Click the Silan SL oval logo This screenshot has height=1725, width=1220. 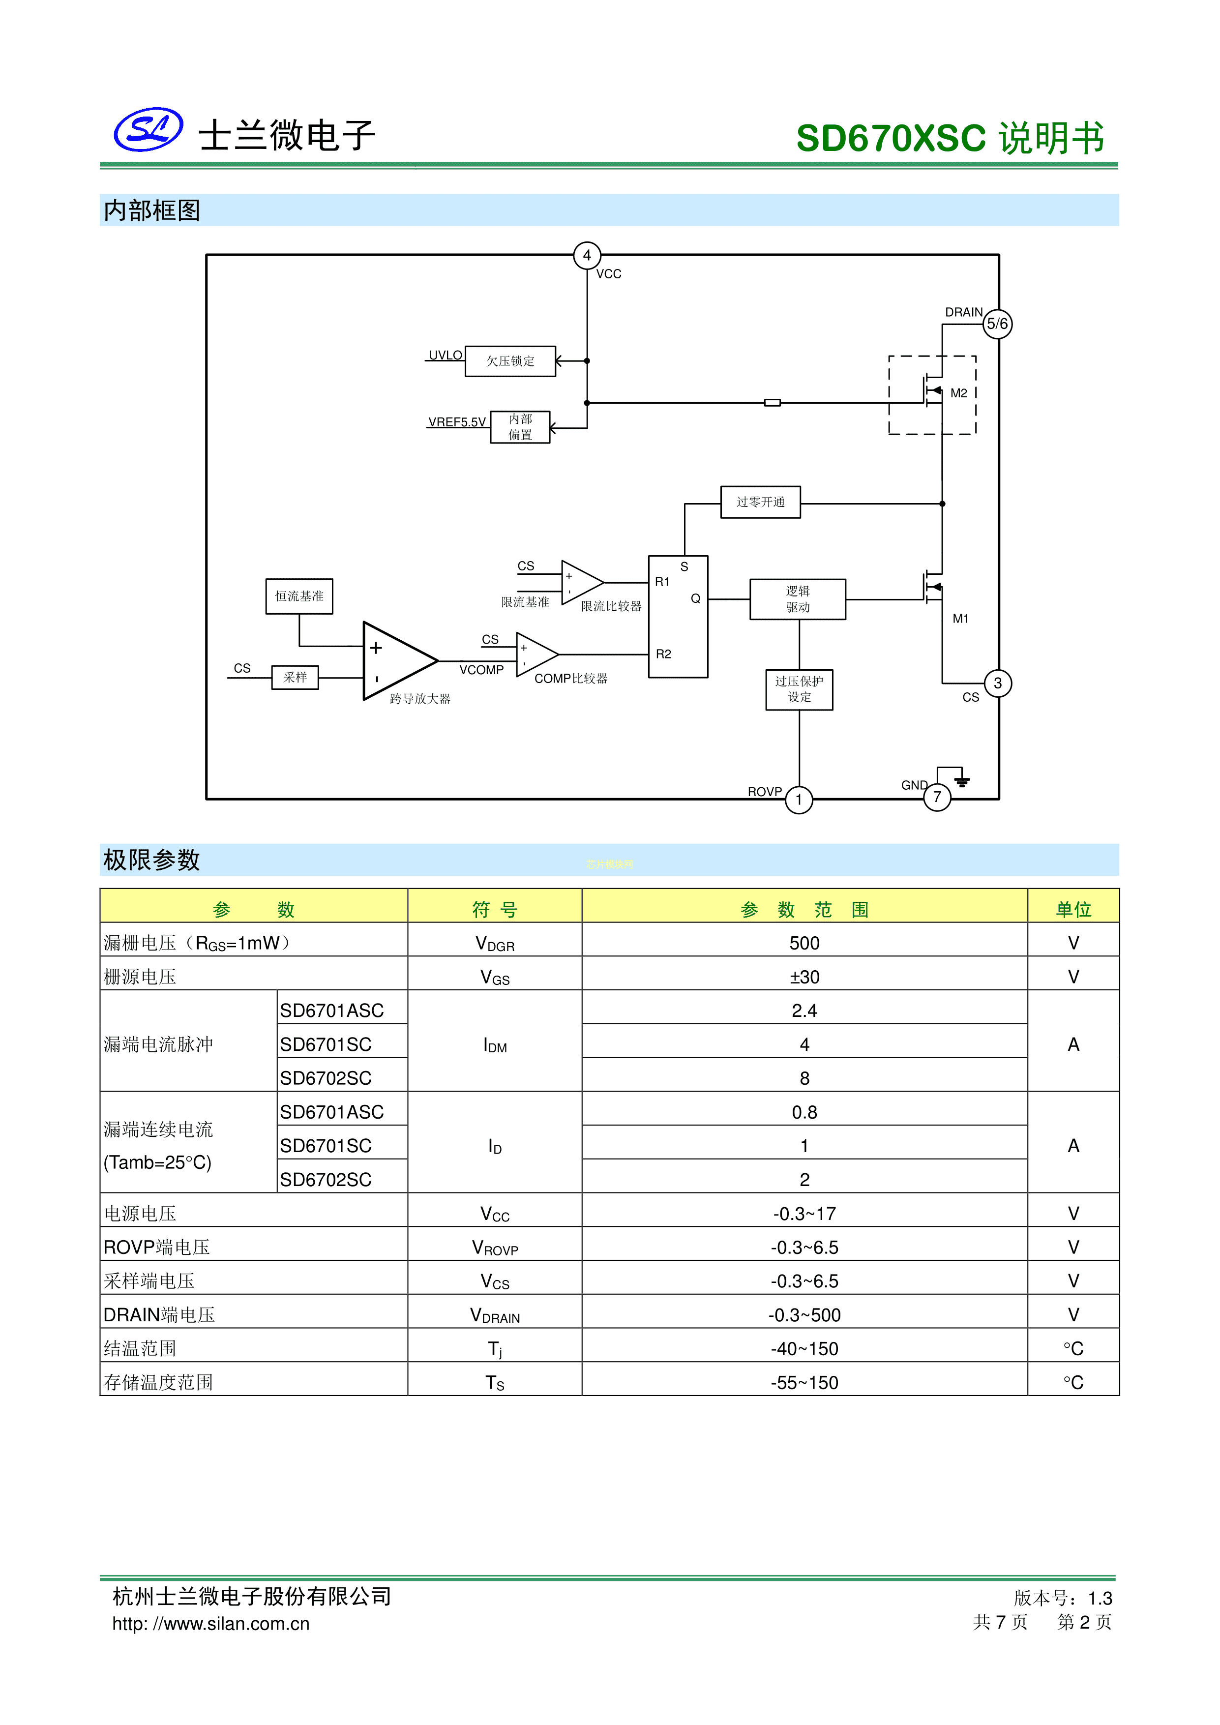pyautogui.click(x=148, y=129)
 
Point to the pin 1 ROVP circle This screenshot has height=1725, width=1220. pyautogui.click(x=799, y=800)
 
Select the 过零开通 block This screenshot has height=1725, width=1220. pyautogui.click(x=760, y=502)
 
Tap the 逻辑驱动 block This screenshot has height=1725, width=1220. pyautogui.click(x=798, y=599)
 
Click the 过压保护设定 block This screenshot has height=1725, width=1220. pyautogui.click(x=799, y=689)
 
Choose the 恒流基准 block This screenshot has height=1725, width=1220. pyautogui.click(x=299, y=596)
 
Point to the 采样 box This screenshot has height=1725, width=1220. pyautogui.click(x=295, y=677)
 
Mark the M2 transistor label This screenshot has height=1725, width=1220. pyautogui.click(x=958, y=393)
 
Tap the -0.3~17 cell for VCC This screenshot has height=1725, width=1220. pyautogui.click(x=804, y=1214)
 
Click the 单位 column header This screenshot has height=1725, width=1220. pyautogui.click(x=1073, y=909)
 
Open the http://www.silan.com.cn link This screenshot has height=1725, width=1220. pyautogui.click(x=211, y=1624)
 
